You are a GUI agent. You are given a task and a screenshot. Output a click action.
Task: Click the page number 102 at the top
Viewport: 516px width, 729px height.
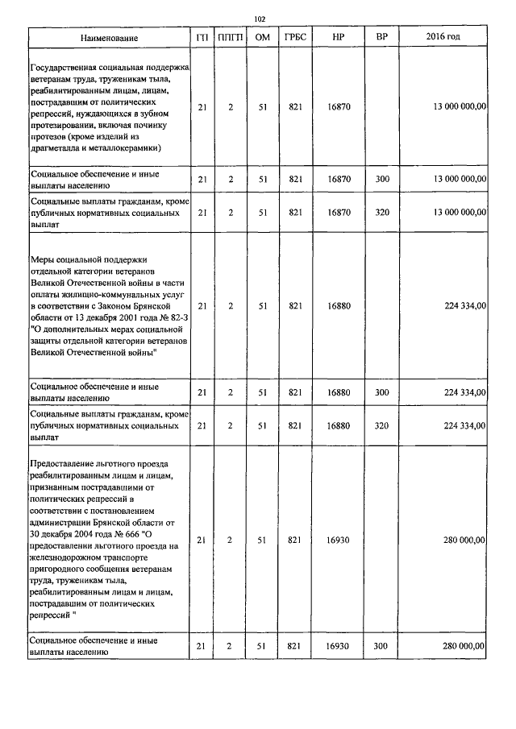[259, 19]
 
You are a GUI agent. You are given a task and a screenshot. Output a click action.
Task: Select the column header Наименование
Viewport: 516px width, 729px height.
[109, 38]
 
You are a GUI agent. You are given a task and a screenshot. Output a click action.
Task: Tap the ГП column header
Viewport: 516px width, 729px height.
[202, 38]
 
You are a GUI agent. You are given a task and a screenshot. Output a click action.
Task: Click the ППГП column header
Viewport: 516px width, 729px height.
[230, 38]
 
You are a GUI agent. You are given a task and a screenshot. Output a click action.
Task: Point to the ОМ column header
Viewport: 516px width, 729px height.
[262, 38]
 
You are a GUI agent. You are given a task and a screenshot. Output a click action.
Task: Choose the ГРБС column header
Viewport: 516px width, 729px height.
[294, 38]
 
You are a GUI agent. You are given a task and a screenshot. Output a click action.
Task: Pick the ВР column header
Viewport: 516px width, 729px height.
[381, 38]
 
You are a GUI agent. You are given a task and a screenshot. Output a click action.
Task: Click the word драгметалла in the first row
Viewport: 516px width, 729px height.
[53, 148]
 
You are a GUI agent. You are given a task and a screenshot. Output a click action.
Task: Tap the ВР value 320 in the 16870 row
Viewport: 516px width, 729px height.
[381, 213]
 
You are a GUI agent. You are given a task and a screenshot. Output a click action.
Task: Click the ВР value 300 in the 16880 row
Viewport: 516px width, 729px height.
[381, 392]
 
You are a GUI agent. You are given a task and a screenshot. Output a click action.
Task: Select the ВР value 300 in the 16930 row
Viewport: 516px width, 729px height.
[381, 645]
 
